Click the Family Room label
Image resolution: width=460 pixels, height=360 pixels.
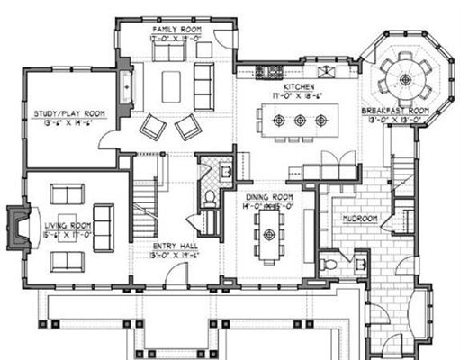[176, 30]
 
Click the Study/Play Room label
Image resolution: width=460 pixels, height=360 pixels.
[69, 113]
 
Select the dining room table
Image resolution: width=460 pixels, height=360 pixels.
[269, 235]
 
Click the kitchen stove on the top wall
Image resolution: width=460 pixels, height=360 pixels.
[266, 70]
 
